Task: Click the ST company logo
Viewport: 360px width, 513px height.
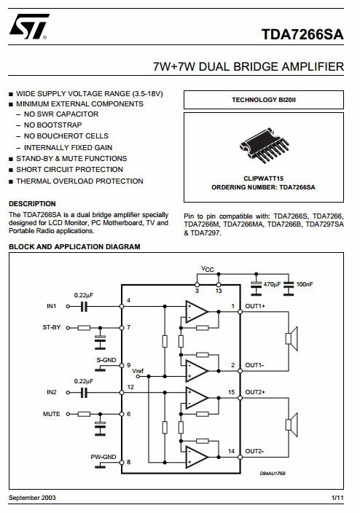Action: coord(29,26)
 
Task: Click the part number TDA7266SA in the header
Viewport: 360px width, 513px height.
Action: coord(302,34)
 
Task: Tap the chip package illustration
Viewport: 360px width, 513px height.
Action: coord(264,145)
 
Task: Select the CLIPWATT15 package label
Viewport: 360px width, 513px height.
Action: coord(264,179)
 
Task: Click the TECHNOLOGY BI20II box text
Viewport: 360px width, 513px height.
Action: coord(264,100)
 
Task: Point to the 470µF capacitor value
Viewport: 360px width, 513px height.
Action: coord(272,284)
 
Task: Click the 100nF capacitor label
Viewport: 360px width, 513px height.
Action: coord(305,284)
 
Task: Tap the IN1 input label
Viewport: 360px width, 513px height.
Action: coord(52,306)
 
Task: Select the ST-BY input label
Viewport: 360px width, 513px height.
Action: coord(52,327)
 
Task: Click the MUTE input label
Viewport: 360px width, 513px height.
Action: coord(52,414)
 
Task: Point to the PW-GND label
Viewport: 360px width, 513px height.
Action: coord(103,457)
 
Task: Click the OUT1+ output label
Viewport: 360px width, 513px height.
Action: coord(255,306)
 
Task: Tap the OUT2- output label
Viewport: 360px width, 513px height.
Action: coord(254,451)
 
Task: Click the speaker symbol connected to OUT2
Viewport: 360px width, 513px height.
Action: coord(291,425)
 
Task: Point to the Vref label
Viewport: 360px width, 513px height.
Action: coord(138,371)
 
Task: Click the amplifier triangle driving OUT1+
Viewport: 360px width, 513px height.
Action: coord(197,312)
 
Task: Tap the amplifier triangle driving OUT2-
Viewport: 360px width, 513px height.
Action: coord(197,457)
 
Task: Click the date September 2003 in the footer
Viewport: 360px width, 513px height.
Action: coord(32,498)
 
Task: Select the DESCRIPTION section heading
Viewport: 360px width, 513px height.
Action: coord(32,204)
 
